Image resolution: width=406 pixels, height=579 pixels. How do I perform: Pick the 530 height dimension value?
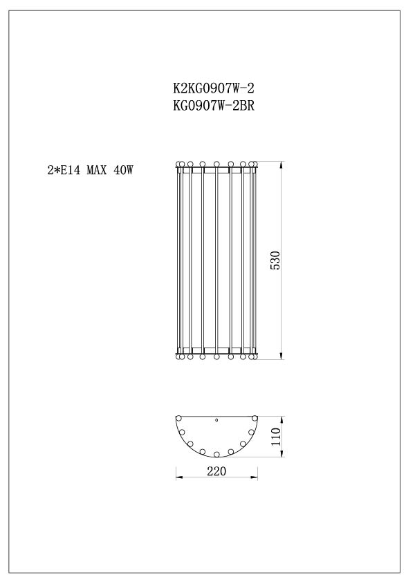point(275,260)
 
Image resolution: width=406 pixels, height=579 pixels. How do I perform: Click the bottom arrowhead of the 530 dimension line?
point(282,356)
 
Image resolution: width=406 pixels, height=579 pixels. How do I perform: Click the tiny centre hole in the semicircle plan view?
point(216,419)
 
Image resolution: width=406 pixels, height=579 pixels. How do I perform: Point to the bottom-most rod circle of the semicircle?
point(216,454)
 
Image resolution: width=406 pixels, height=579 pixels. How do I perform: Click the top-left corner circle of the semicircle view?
point(178,418)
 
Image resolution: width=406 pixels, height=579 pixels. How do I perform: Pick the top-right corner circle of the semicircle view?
point(255,418)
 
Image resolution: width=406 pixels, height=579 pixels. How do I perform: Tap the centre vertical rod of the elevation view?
point(216,260)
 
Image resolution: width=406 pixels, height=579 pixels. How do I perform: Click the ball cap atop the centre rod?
point(216,164)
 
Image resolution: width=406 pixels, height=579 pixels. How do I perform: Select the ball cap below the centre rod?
point(216,357)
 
